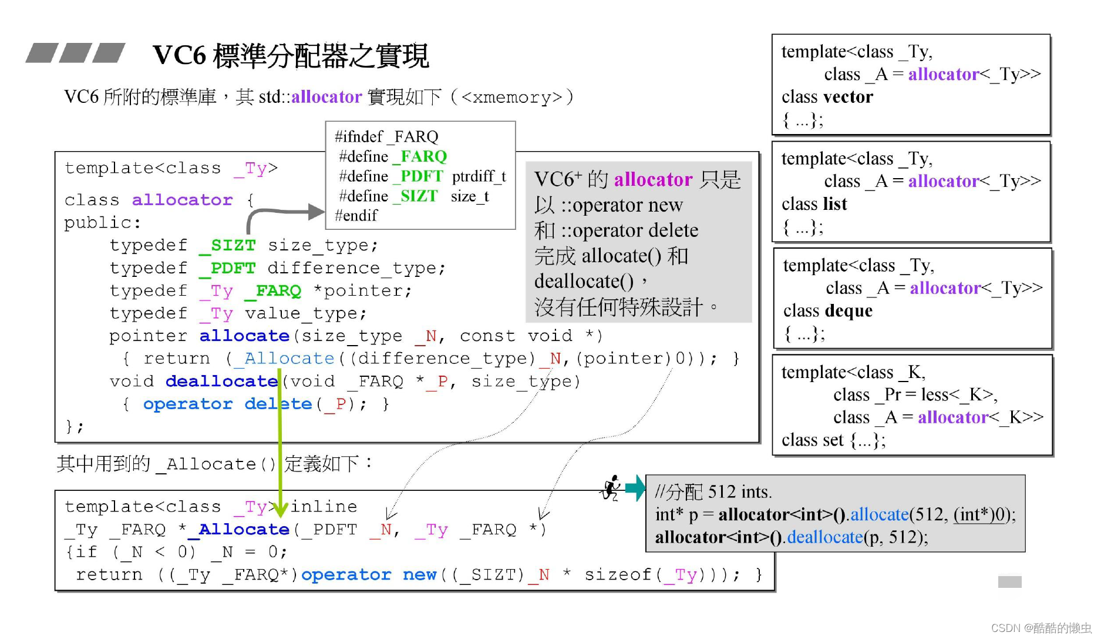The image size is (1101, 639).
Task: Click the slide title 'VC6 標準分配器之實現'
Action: point(291,56)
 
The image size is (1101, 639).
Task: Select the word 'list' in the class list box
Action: point(834,204)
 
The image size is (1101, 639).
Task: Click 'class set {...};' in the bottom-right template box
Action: point(833,440)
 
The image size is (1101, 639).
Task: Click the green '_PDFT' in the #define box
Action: point(421,176)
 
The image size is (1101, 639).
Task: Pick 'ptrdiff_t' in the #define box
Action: point(479,176)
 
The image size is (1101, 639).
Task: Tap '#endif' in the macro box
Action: point(356,216)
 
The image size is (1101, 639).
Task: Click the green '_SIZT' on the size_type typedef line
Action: point(228,245)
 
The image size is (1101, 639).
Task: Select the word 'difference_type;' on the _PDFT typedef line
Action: point(356,268)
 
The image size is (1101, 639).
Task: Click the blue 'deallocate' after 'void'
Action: point(221,382)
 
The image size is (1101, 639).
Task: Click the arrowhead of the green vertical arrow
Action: point(280,509)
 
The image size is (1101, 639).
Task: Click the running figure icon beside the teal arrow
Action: point(611,488)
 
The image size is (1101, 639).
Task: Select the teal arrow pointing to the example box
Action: point(635,488)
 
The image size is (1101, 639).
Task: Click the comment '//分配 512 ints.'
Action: point(713,491)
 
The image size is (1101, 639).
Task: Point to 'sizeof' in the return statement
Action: point(618,574)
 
